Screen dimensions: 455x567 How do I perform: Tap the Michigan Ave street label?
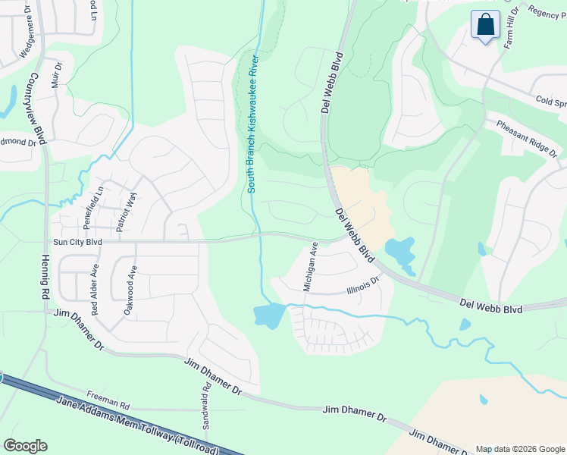310,267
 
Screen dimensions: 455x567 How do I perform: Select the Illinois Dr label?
362,285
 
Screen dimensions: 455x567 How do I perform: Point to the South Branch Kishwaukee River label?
252,124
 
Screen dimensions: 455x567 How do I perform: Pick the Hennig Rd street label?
43,277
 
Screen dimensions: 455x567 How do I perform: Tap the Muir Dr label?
55,76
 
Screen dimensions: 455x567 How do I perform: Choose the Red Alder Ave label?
95,290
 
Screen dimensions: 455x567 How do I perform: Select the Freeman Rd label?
108,395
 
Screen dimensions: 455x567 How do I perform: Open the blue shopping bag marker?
485,24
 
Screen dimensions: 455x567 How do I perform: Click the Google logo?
25,446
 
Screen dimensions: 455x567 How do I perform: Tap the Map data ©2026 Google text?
520,449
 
